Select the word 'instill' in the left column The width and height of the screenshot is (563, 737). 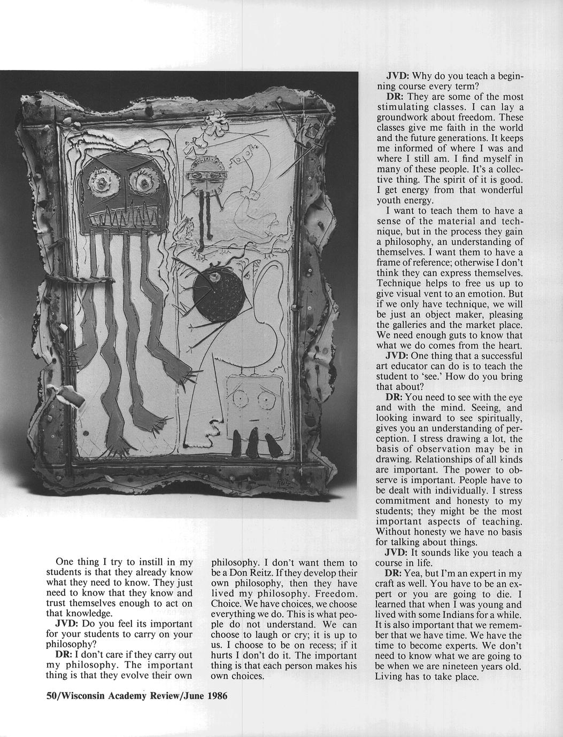pos(145,562)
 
